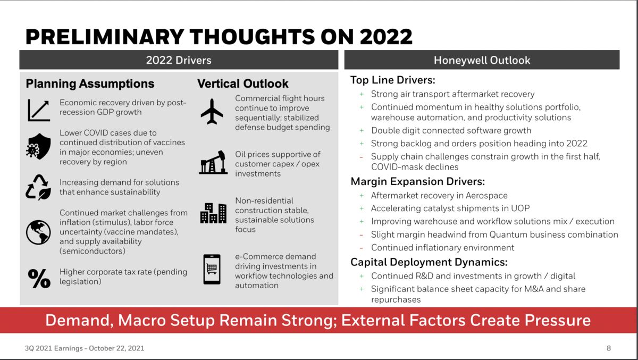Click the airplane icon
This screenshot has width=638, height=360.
pos(212,111)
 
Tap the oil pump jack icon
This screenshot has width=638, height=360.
pos(213,163)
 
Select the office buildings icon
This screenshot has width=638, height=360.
pos(213,213)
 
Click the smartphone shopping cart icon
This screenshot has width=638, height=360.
pos(212,269)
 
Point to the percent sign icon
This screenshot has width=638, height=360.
pos(39,278)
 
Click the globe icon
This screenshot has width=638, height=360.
pos(38,232)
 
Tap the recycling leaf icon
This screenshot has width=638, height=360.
pos(38,188)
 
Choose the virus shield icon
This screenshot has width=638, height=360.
pos(38,146)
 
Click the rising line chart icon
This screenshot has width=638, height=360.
pos(38,110)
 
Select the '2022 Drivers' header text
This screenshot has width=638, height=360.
pos(179,60)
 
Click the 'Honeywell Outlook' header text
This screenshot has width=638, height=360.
pos(482,60)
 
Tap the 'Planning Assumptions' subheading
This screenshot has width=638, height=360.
pos(90,84)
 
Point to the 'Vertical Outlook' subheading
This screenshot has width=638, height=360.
pos(243,84)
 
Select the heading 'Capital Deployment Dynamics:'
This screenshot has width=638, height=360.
pos(429,262)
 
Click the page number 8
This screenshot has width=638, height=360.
pos(608,349)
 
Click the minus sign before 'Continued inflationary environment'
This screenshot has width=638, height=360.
pos(362,248)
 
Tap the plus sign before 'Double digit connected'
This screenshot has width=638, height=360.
pos(362,130)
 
